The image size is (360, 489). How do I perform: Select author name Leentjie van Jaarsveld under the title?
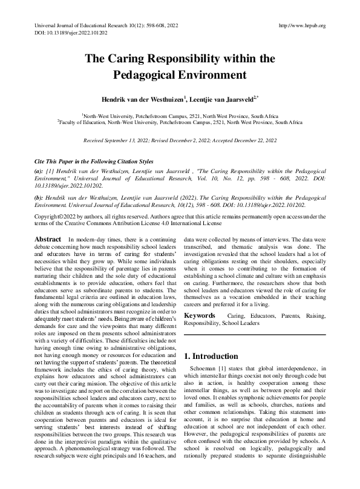[222, 97]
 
